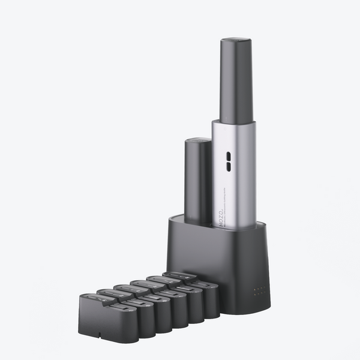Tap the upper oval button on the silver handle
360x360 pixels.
(228, 154)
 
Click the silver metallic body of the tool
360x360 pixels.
(234, 180)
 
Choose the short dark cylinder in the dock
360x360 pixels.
(198, 180)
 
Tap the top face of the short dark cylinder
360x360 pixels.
(198, 142)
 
